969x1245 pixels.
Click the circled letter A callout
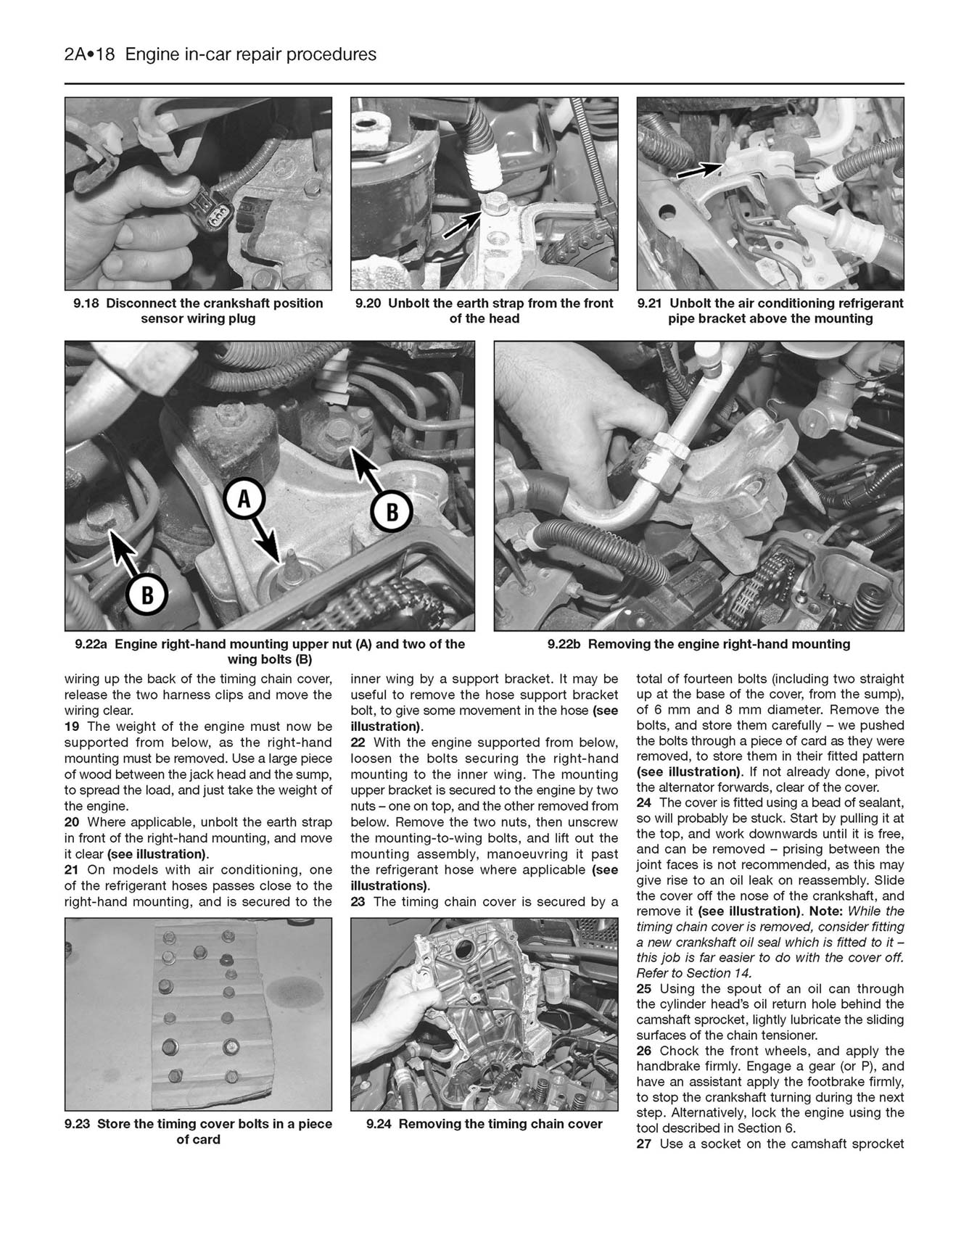244,499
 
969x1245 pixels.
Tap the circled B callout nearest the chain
392,512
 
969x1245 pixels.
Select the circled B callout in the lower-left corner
147,595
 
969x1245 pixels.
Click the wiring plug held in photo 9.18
215,210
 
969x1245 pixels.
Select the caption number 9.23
78,1124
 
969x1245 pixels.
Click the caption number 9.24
380,1124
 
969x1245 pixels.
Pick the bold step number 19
72,727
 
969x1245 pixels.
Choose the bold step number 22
358,743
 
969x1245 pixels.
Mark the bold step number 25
644,988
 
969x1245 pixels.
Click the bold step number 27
644,1144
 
